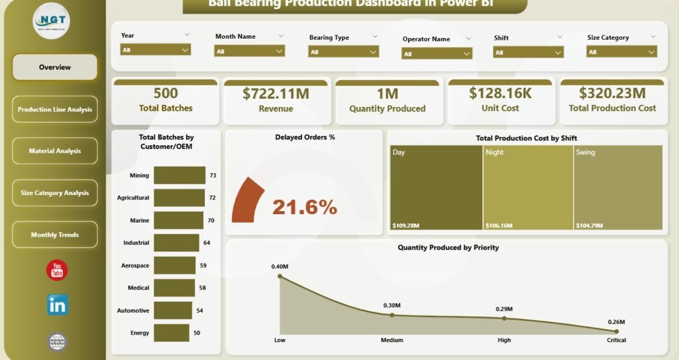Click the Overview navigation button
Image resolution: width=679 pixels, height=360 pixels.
point(55,67)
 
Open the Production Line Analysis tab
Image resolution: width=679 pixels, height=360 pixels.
point(55,109)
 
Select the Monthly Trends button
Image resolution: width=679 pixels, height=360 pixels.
point(55,235)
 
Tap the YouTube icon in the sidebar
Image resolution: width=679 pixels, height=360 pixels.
point(57,271)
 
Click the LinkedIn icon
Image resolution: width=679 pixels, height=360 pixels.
point(57,305)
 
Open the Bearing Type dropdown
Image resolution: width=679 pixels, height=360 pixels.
point(343,52)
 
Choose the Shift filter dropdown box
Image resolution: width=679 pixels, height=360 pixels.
point(528,52)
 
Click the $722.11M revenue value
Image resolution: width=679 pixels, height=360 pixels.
point(276,94)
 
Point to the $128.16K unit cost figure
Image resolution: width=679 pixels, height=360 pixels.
point(501,93)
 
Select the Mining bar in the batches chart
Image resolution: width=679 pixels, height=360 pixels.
point(180,176)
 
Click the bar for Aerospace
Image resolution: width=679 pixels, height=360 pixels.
point(174,265)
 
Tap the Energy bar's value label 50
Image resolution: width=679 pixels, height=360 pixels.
point(197,333)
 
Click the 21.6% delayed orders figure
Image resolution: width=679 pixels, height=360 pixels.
point(305,207)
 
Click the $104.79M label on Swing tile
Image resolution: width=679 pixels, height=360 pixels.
point(589,225)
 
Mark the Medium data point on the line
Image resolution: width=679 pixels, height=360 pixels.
point(392,315)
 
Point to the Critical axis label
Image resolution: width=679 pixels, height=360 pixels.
point(616,340)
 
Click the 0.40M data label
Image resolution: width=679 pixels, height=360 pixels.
point(279,266)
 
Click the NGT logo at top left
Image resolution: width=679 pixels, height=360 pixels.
point(51,21)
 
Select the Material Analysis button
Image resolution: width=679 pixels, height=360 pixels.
point(55,151)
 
